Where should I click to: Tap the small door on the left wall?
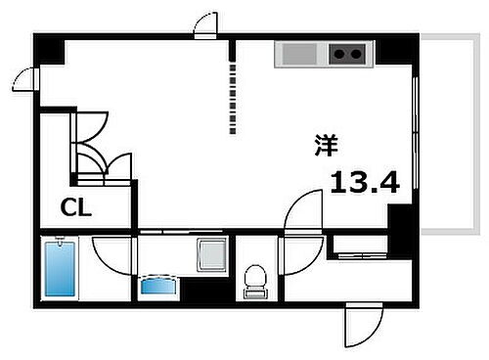click(28, 77)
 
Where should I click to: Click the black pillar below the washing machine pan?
click(206, 289)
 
